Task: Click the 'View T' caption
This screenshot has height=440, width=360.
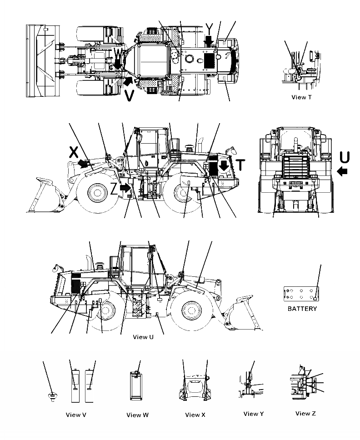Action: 301,97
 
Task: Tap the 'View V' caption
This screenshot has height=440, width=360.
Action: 76,415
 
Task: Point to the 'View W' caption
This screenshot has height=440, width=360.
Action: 137,415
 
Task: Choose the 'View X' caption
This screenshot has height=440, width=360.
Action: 195,415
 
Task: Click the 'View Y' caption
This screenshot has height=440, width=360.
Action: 254,414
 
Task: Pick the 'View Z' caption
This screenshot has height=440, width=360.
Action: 305,413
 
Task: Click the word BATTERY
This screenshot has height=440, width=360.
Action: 302,309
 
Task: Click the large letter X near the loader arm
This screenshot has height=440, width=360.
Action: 74,152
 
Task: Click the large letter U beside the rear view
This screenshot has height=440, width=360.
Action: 345,157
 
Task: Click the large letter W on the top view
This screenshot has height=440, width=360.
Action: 118,54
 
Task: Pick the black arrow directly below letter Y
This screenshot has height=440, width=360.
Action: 209,42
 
